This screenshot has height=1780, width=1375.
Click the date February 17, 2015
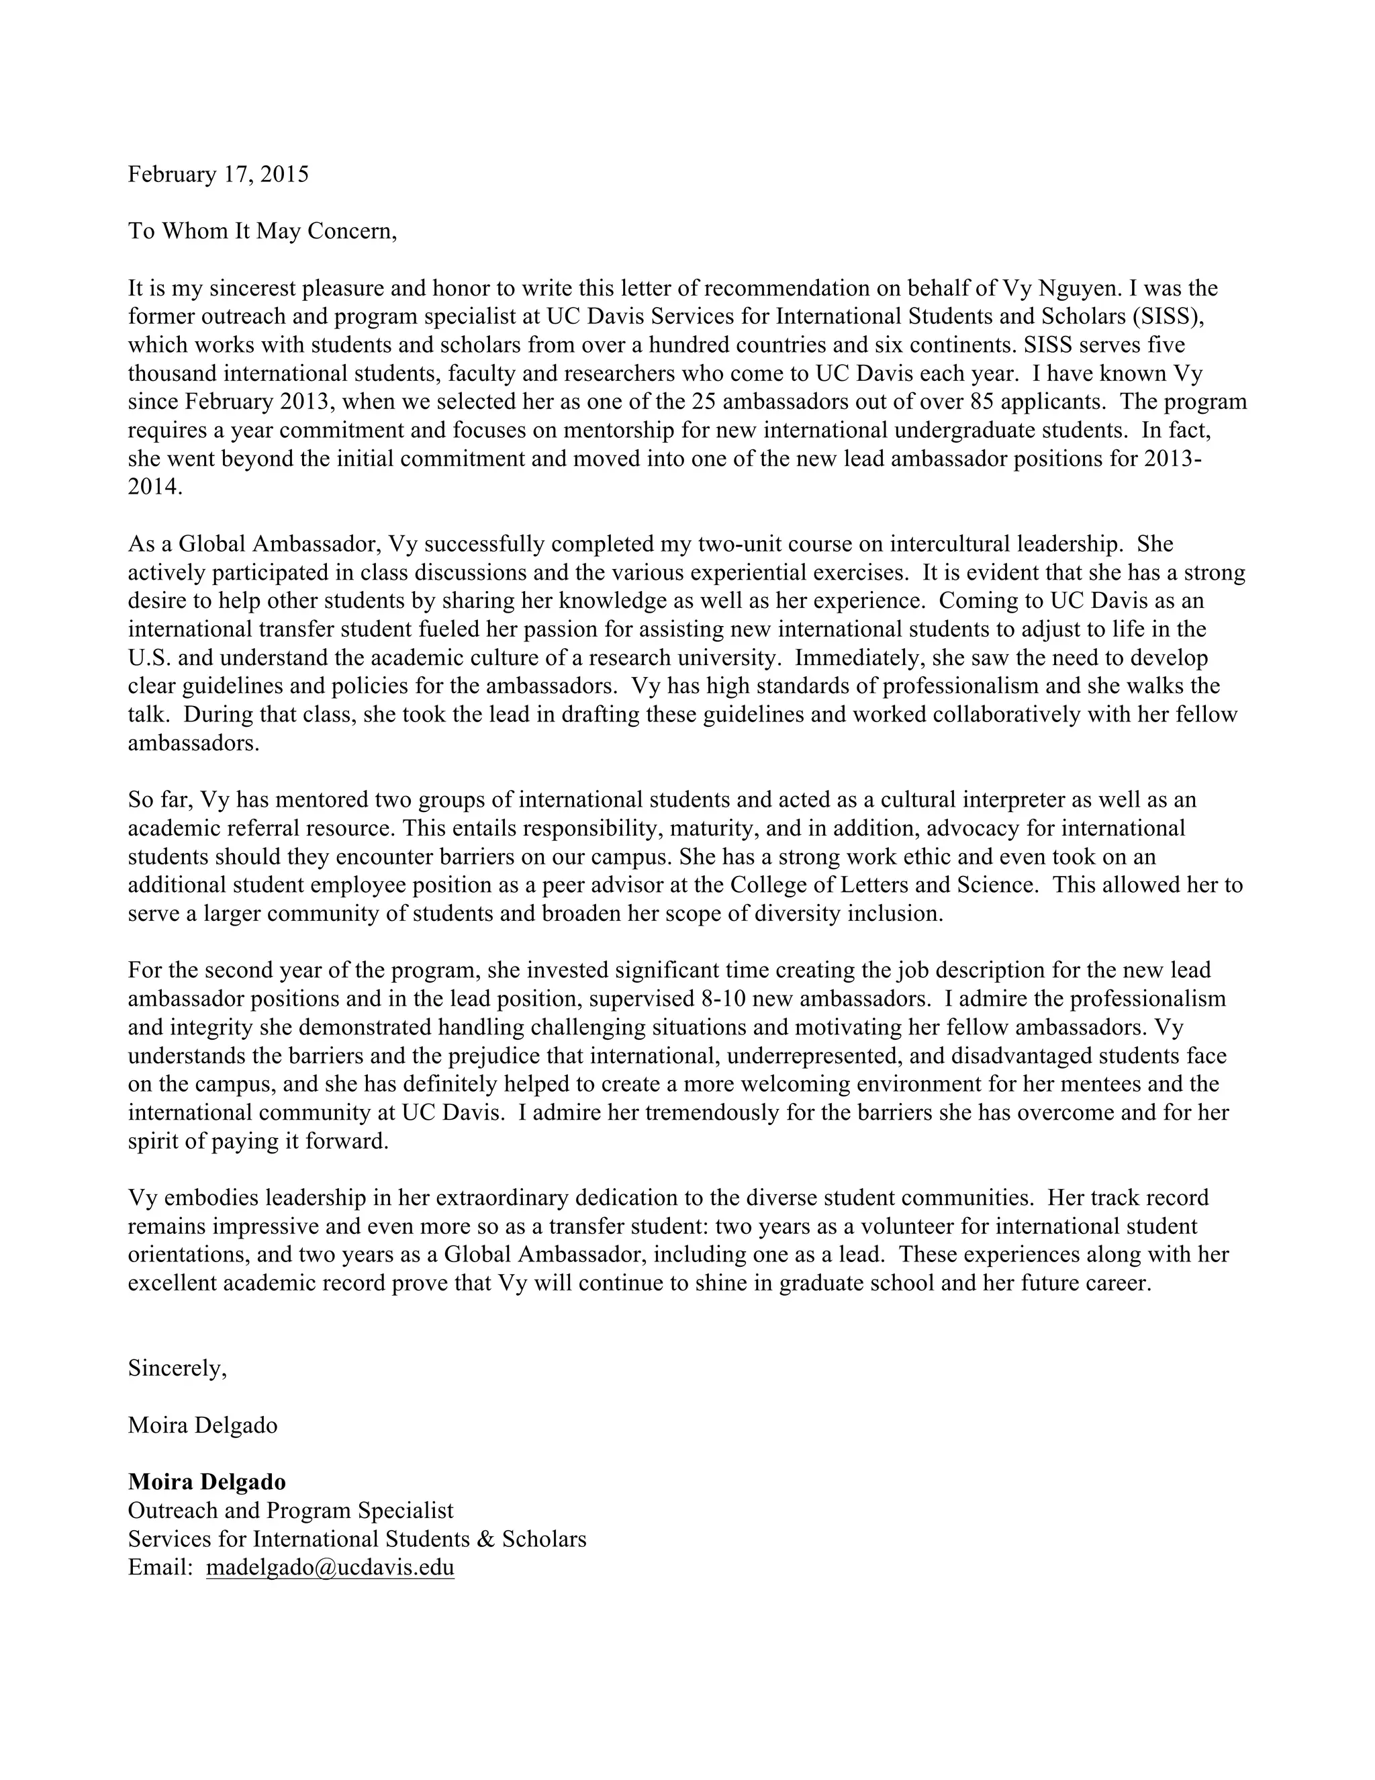(x=218, y=175)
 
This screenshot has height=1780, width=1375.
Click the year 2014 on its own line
(x=155, y=488)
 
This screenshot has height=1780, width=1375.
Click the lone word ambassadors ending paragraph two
(x=193, y=744)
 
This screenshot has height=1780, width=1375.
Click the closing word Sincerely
(x=177, y=1368)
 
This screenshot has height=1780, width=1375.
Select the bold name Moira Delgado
(x=207, y=1482)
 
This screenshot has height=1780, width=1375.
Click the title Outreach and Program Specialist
(x=291, y=1510)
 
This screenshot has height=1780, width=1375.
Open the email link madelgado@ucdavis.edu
(x=330, y=1567)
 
